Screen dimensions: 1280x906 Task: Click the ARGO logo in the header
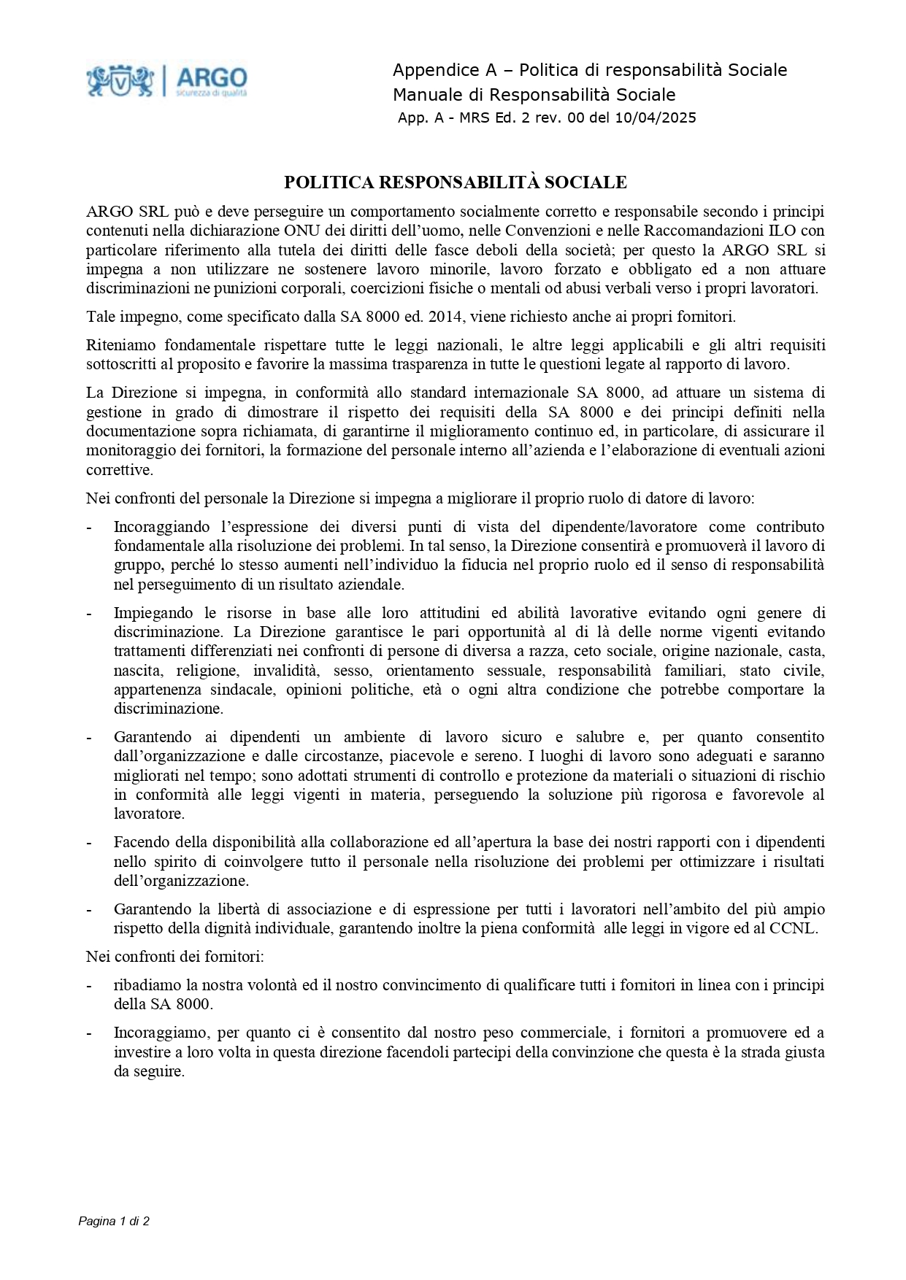pos(167,80)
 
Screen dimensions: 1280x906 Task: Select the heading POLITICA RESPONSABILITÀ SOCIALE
pos(455,182)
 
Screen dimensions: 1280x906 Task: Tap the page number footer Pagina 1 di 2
pos(114,1221)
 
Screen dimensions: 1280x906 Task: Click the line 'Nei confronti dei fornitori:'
pos(175,957)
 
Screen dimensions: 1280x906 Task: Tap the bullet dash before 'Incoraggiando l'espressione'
pos(89,527)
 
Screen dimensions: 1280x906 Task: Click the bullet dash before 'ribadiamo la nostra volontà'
pos(89,985)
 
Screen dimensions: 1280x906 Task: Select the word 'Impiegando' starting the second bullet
pos(154,613)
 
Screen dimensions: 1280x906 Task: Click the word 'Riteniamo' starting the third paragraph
pos(120,345)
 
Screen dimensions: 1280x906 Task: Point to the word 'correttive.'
pos(120,470)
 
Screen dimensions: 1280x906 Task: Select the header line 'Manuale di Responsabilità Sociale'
pos(534,95)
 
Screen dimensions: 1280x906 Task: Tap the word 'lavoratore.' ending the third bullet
pos(149,814)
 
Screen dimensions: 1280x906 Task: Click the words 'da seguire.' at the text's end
pos(149,1072)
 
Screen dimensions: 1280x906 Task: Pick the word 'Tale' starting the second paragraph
pos(101,317)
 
